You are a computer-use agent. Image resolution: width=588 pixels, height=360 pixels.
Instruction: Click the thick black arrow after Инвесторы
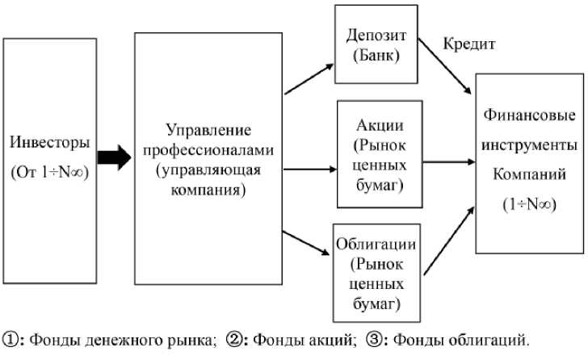[x=113, y=157]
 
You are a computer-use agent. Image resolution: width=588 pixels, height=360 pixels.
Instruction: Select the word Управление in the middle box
[x=208, y=129]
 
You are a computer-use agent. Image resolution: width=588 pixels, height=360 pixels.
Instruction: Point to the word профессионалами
[x=208, y=149]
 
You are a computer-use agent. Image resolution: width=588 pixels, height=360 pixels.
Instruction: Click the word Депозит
[x=374, y=37]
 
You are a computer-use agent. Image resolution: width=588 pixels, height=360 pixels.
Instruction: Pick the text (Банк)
[x=374, y=57]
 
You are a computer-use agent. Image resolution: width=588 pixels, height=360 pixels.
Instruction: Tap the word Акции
[x=379, y=127]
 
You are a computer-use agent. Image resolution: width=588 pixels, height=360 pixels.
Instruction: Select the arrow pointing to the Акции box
[x=310, y=170]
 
